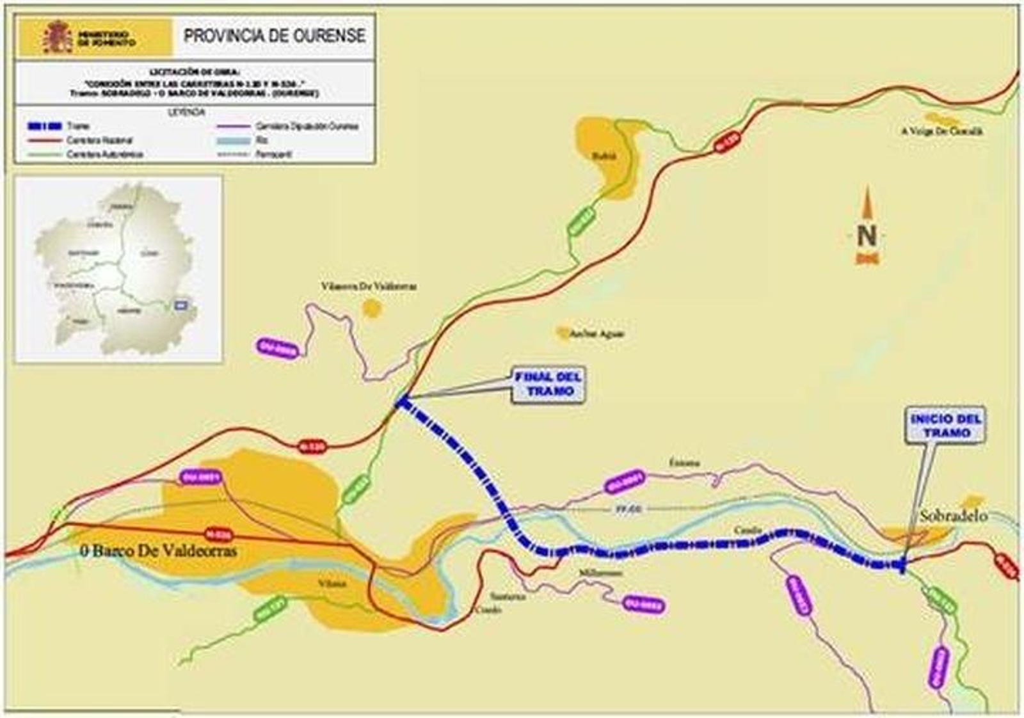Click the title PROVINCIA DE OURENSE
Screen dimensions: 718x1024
[x=274, y=36]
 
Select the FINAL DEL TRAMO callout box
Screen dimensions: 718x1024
[x=548, y=385]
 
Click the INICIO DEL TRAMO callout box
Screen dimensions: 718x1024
[x=945, y=426]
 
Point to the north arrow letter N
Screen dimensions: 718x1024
[x=867, y=235]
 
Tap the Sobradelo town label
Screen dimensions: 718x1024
[x=953, y=516]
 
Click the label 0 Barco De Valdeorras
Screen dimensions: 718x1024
[x=158, y=550]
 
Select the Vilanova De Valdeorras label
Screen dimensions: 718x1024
[x=369, y=286]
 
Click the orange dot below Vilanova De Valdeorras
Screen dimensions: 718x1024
[x=371, y=309]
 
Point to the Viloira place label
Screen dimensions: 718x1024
[x=332, y=584]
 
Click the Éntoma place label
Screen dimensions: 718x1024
[x=684, y=462]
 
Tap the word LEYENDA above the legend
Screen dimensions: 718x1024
[x=194, y=112]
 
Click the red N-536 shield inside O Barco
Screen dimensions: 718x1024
[x=218, y=533]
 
